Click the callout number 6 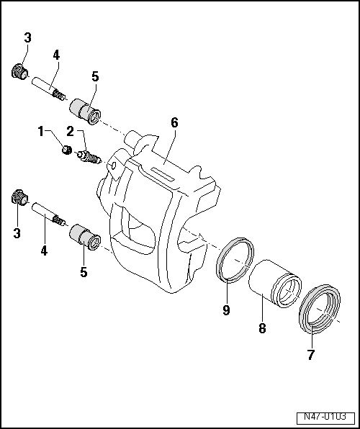click(x=174, y=123)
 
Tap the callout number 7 click(x=311, y=355)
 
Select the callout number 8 click(x=262, y=328)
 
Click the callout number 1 click(x=41, y=131)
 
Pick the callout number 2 click(x=71, y=131)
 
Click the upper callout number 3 click(x=27, y=38)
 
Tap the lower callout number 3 click(x=17, y=233)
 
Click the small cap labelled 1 click(x=66, y=150)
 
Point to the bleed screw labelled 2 click(x=90, y=156)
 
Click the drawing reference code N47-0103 click(x=325, y=417)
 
